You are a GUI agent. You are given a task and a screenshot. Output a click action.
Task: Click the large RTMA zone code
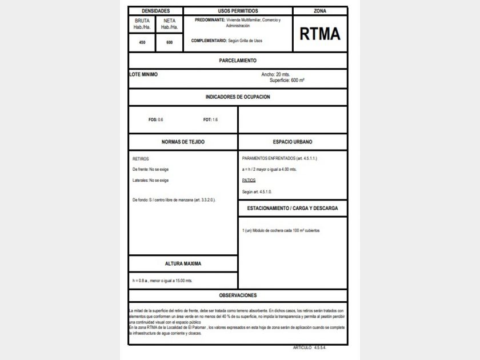coord(320,34)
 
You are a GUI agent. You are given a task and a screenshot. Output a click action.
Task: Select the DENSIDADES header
coord(155,11)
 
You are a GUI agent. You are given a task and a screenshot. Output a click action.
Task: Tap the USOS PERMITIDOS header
coord(238,11)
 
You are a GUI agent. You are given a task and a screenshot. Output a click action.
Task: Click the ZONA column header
coord(320,11)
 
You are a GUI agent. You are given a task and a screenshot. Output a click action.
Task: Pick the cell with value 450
coord(142,42)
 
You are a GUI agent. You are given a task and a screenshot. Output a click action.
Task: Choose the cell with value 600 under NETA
coord(169,42)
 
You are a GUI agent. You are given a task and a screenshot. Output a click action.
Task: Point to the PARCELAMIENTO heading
coord(238,61)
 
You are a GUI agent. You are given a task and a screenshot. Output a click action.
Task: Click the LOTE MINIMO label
coord(144,74)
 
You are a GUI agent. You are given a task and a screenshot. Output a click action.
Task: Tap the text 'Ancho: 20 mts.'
coord(275,74)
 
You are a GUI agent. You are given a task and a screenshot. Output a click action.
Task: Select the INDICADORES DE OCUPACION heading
coord(238,97)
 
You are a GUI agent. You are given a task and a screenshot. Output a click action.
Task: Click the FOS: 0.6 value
coord(155,119)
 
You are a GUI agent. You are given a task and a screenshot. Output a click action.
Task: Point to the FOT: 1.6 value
coord(210,119)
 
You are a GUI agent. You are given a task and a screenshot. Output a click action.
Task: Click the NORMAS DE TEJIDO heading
coord(183,142)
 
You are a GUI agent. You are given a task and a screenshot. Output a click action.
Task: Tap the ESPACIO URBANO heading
coord(293,142)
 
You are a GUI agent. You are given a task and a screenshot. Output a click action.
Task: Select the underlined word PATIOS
coord(249,181)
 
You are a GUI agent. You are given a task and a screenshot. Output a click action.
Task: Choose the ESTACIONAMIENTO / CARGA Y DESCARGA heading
coord(293,209)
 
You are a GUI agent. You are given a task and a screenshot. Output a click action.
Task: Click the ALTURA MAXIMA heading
coord(183,264)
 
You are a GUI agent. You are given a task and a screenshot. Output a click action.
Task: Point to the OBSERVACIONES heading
coord(238,295)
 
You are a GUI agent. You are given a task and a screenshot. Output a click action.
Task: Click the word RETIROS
coord(141,159)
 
